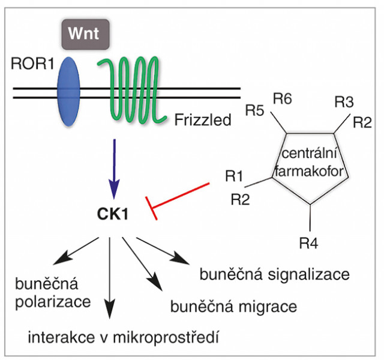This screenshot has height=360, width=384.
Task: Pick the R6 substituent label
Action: pos(283,98)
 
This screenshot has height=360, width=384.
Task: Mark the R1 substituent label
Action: pos(235,176)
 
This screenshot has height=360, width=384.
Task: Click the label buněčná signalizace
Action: pos(274,275)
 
